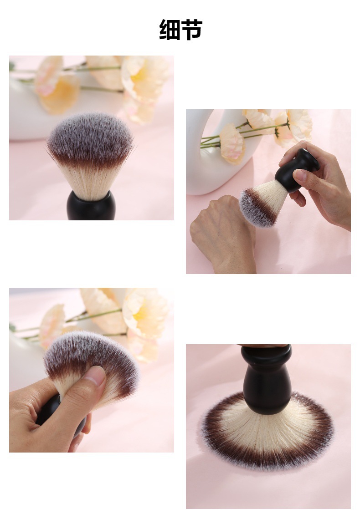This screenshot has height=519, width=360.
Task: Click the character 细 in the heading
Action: coord(170,30)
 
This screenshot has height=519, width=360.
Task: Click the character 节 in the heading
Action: coord(191,30)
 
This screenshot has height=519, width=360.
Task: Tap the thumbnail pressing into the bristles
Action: coord(97,375)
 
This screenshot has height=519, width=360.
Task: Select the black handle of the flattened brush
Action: coord(267,379)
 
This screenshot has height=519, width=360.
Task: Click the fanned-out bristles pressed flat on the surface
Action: coord(267,432)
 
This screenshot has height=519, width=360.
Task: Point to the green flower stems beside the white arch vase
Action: coord(238,134)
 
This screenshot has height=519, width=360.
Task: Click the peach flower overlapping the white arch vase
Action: coord(232,143)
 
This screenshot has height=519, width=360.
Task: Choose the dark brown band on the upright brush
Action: coord(90,157)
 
